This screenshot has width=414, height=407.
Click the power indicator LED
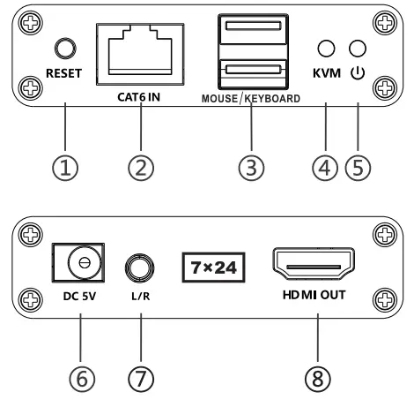(357, 49)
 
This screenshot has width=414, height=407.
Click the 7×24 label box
(212, 264)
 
